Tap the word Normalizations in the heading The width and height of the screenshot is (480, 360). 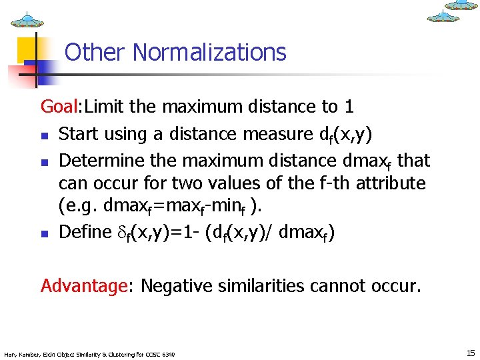210,52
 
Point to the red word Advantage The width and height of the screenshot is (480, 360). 83,287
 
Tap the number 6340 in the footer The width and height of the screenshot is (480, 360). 169,354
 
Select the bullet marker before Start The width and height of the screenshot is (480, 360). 45,135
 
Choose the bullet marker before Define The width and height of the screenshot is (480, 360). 45,234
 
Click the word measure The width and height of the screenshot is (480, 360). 273,135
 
